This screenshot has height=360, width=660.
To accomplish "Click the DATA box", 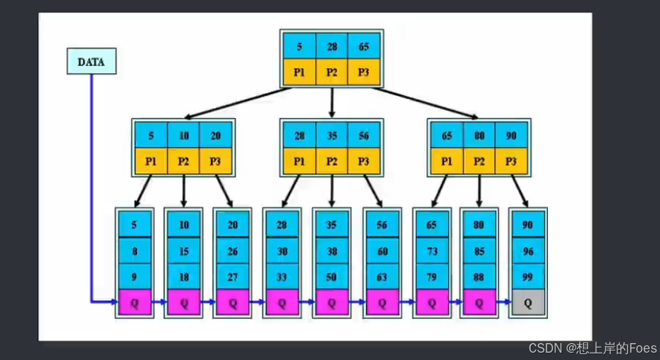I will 91,62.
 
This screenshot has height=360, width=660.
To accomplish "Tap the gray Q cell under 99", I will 527,302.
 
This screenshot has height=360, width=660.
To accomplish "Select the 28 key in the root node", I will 331,46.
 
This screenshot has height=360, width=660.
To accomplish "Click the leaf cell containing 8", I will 134,251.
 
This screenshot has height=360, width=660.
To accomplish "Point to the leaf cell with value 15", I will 183,251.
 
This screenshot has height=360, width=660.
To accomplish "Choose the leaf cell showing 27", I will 232,276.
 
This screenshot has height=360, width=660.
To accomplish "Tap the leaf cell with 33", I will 282,276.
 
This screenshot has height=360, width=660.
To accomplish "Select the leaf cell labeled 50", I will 331,276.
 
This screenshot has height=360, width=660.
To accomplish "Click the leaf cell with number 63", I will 381,276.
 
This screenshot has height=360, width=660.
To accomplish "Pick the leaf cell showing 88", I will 479,276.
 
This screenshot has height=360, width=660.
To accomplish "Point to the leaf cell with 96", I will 527,251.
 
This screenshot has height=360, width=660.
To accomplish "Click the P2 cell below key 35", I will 331,161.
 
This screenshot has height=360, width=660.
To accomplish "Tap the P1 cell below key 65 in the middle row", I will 447,161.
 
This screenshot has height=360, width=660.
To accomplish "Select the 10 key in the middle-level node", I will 183,135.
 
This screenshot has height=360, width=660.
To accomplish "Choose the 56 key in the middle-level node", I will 364,135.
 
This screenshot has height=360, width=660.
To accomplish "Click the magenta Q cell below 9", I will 134,302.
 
